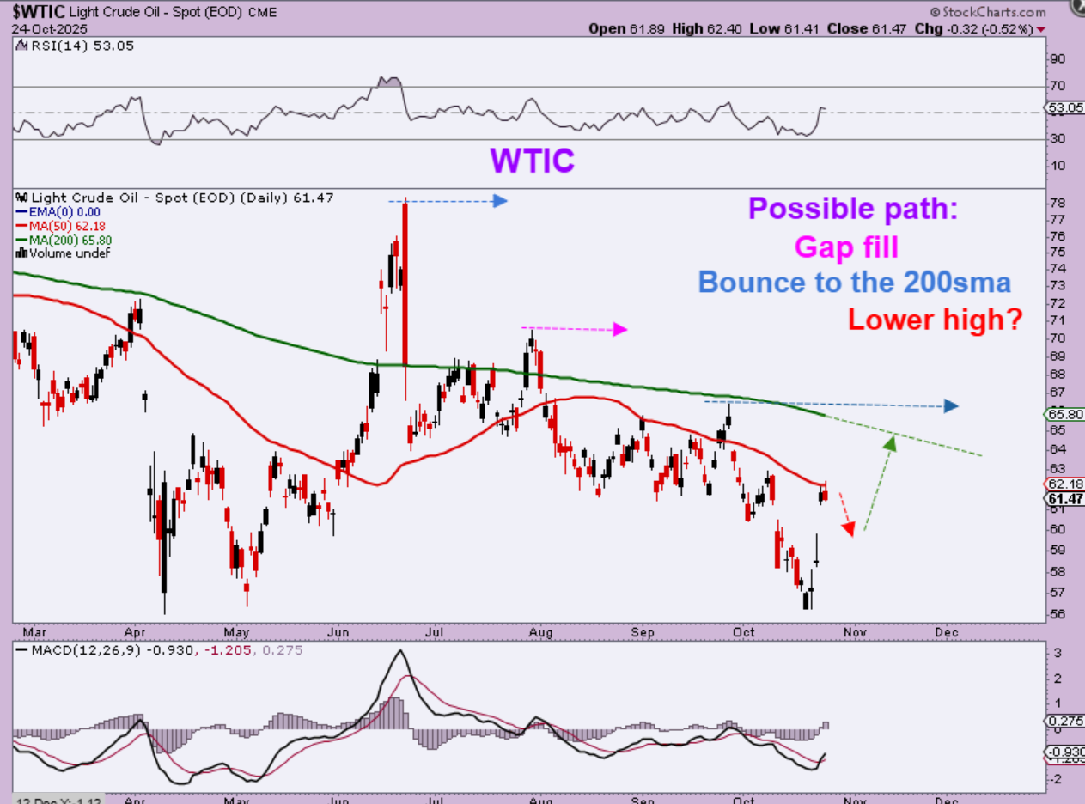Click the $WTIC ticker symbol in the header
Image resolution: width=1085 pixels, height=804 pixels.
(35, 11)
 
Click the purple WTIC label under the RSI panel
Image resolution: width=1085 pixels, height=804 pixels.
(532, 160)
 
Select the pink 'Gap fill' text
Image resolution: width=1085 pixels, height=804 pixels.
(846, 247)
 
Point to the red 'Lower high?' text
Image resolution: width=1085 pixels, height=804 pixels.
(935, 320)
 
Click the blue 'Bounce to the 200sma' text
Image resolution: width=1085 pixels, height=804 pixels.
(854, 283)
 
